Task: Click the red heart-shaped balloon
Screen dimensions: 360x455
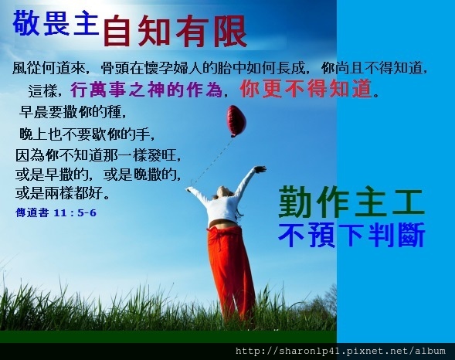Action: [236, 121]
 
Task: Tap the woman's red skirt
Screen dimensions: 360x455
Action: [230, 267]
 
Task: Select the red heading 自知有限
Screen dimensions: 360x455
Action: [175, 31]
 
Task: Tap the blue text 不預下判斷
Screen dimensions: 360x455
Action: [351, 235]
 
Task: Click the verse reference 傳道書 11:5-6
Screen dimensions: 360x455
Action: [55, 210]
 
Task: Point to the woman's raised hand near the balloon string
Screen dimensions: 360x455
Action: [260, 169]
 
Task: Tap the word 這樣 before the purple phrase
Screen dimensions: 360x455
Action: [45, 90]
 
